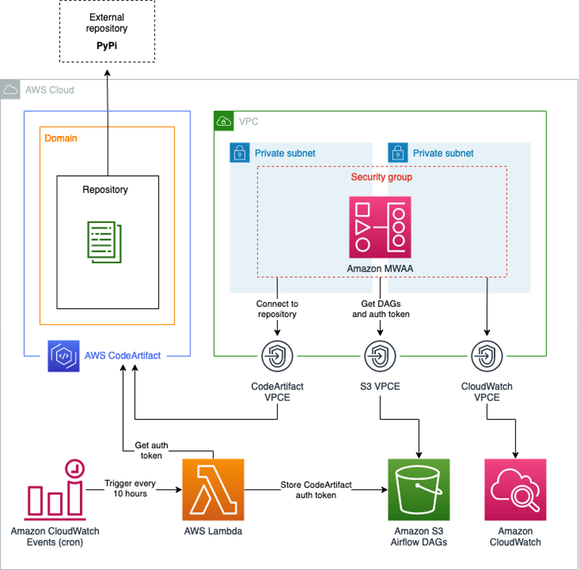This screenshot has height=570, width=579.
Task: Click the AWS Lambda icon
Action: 213,489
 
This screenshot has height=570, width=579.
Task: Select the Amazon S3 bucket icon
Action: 418,489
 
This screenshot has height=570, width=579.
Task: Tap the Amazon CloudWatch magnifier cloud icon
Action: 515,489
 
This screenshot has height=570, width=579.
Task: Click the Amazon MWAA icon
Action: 380,227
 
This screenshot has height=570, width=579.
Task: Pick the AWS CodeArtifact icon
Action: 63,356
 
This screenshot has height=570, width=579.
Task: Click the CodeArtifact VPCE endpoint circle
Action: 277,355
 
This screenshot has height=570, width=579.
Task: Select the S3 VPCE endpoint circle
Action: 380,355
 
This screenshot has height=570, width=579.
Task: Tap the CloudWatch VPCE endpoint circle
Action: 487,355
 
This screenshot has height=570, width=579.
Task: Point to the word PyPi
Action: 107,46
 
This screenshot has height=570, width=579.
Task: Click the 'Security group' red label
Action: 381,177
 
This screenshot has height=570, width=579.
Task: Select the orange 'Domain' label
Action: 61,138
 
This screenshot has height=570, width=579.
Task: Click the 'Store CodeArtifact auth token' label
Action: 316,489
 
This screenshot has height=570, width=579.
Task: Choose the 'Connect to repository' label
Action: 277,309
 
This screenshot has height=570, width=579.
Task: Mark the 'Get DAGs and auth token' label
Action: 380,309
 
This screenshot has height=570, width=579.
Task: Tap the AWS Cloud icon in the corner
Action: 10,90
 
